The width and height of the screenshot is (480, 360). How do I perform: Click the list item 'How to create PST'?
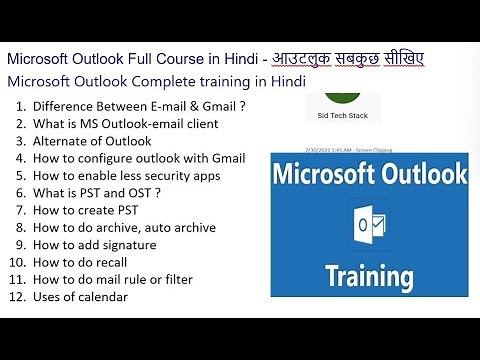(87, 209)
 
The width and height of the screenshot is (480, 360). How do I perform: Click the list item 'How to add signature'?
(95, 244)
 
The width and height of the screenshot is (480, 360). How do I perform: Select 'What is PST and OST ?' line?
(97, 192)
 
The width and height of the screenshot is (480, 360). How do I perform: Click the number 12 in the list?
(17, 296)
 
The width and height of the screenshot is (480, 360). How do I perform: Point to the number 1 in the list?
(20, 105)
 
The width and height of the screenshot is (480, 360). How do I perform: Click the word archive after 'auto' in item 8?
(199, 227)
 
